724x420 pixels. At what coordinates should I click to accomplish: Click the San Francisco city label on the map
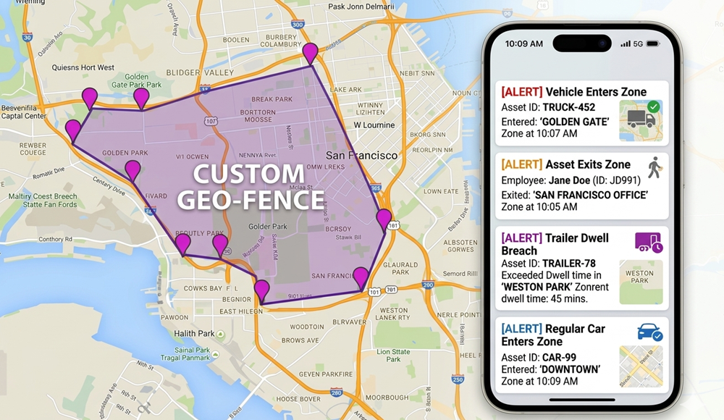361,156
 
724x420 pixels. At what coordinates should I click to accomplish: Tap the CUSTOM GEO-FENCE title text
251,186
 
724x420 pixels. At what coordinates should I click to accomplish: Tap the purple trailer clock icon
648,243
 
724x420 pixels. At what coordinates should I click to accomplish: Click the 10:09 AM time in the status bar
523,44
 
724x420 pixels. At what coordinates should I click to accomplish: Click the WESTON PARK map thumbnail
640,282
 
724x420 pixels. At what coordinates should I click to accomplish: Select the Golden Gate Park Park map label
143,81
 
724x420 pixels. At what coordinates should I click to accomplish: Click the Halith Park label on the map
194,333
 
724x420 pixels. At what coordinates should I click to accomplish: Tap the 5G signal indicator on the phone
638,44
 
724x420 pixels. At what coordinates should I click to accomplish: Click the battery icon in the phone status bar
653,44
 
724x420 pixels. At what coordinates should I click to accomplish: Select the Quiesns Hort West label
83,68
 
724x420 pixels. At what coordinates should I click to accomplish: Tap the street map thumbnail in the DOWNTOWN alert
640,366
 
